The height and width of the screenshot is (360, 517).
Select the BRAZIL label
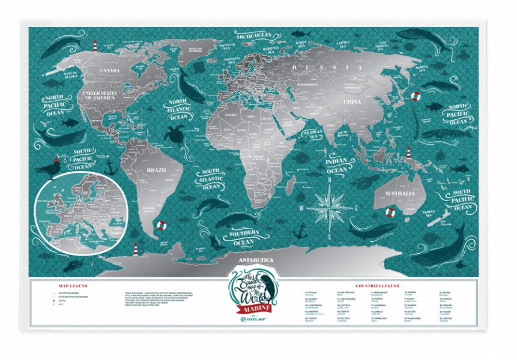point(156,170)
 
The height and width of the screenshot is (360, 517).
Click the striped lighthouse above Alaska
point(94,46)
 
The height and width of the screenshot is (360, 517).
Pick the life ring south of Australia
point(389,211)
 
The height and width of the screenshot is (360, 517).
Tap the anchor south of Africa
point(301,230)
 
